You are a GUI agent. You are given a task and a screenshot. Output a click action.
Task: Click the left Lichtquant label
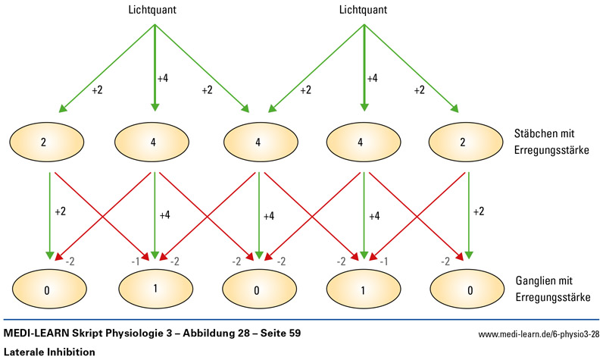pos(155,10)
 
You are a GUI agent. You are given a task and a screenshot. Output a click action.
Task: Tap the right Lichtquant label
pos(364,10)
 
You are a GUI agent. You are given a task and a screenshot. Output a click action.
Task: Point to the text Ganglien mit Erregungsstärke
pos(547,289)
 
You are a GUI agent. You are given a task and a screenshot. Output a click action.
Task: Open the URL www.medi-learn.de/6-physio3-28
pos(539,334)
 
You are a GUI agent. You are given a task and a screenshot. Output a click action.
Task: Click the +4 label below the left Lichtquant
pos(163,78)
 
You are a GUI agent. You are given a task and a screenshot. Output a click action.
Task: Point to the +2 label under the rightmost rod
pos(479,212)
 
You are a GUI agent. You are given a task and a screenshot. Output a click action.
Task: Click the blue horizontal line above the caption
pos(303,320)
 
